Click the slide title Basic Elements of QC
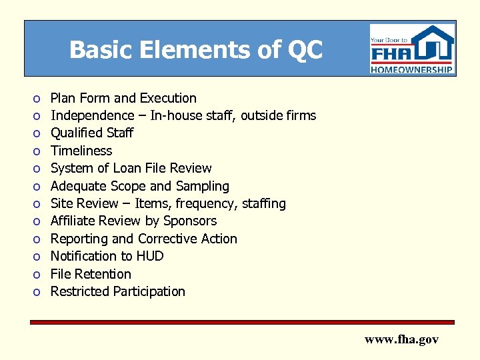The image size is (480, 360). (x=195, y=49)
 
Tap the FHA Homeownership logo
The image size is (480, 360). (x=412, y=49)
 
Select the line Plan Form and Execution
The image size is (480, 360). (x=123, y=98)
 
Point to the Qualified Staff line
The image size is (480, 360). (x=92, y=133)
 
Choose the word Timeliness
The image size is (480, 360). (x=81, y=151)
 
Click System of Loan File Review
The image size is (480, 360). (x=131, y=168)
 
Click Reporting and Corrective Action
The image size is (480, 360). (x=143, y=239)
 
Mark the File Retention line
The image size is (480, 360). (x=91, y=274)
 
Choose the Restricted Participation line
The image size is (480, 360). (x=117, y=291)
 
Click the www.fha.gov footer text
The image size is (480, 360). (x=401, y=339)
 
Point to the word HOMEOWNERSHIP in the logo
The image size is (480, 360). (x=412, y=69)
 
